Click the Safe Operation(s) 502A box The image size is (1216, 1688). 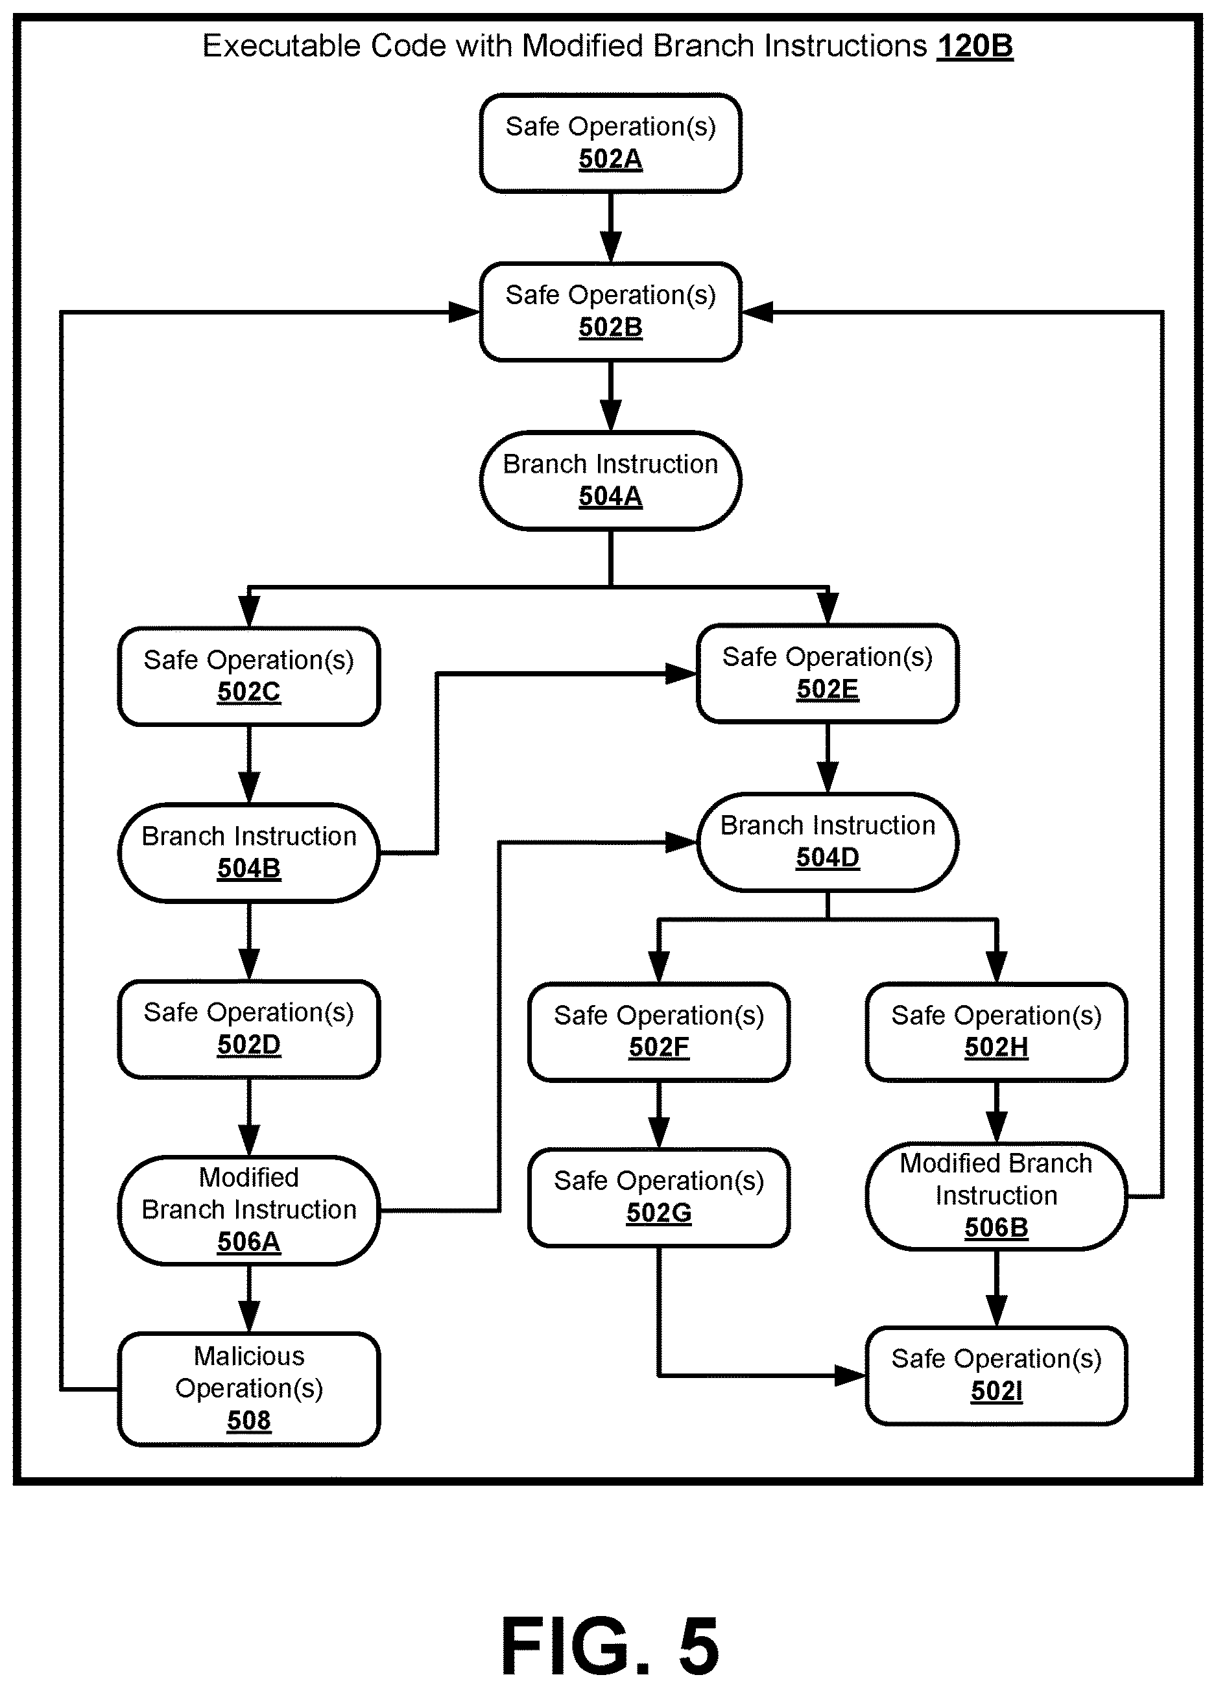click(x=610, y=143)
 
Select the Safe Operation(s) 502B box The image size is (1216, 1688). click(x=610, y=312)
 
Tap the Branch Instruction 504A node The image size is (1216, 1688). click(x=610, y=481)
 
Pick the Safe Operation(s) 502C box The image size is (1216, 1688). click(x=248, y=676)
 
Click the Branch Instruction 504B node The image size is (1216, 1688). click(x=248, y=853)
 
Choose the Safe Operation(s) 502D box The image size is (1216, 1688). click(x=248, y=1029)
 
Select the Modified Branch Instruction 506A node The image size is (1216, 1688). click(x=248, y=1210)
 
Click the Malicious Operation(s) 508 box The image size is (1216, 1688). click(x=248, y=1389)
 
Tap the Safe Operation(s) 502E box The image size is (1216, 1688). click(x=828, y=674)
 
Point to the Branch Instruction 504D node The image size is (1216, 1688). click(x=828, y=842)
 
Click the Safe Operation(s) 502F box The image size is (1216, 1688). click(x=659, y=1032)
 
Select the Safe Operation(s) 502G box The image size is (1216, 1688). click(x=659, y=1198)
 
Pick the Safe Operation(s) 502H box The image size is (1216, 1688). click(x=996, y=1032)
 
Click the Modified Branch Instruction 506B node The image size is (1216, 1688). click(x=996, y=1196)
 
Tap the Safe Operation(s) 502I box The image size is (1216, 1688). click(x=996, y=1375)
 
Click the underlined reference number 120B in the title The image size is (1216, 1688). click(x=975, y=46)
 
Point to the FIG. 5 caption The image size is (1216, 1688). click(x=610, y=1646)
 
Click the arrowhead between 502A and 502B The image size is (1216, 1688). click(x=610, y=246)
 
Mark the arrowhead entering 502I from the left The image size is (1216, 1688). click(x=851, y=1375)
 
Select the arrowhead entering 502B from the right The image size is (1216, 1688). click(x=757, y=312)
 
